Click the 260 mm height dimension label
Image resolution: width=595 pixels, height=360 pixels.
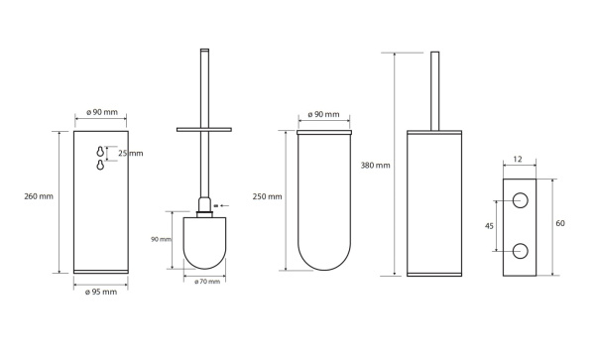click(x=39, y=196)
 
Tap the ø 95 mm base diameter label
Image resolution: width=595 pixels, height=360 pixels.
click(x=101, y=292)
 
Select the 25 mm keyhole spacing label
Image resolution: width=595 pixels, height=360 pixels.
click(x=131, y=154)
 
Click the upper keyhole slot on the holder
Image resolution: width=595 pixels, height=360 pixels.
click(x=100, y=151)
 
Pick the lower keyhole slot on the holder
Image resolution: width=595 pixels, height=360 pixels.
click(x=100, y=165)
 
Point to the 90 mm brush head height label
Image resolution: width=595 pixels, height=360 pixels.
click(x=161, y=239)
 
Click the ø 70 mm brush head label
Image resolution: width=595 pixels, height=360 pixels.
click(x=207, y=282)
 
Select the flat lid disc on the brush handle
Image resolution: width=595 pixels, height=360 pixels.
click(x=204, y=129)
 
